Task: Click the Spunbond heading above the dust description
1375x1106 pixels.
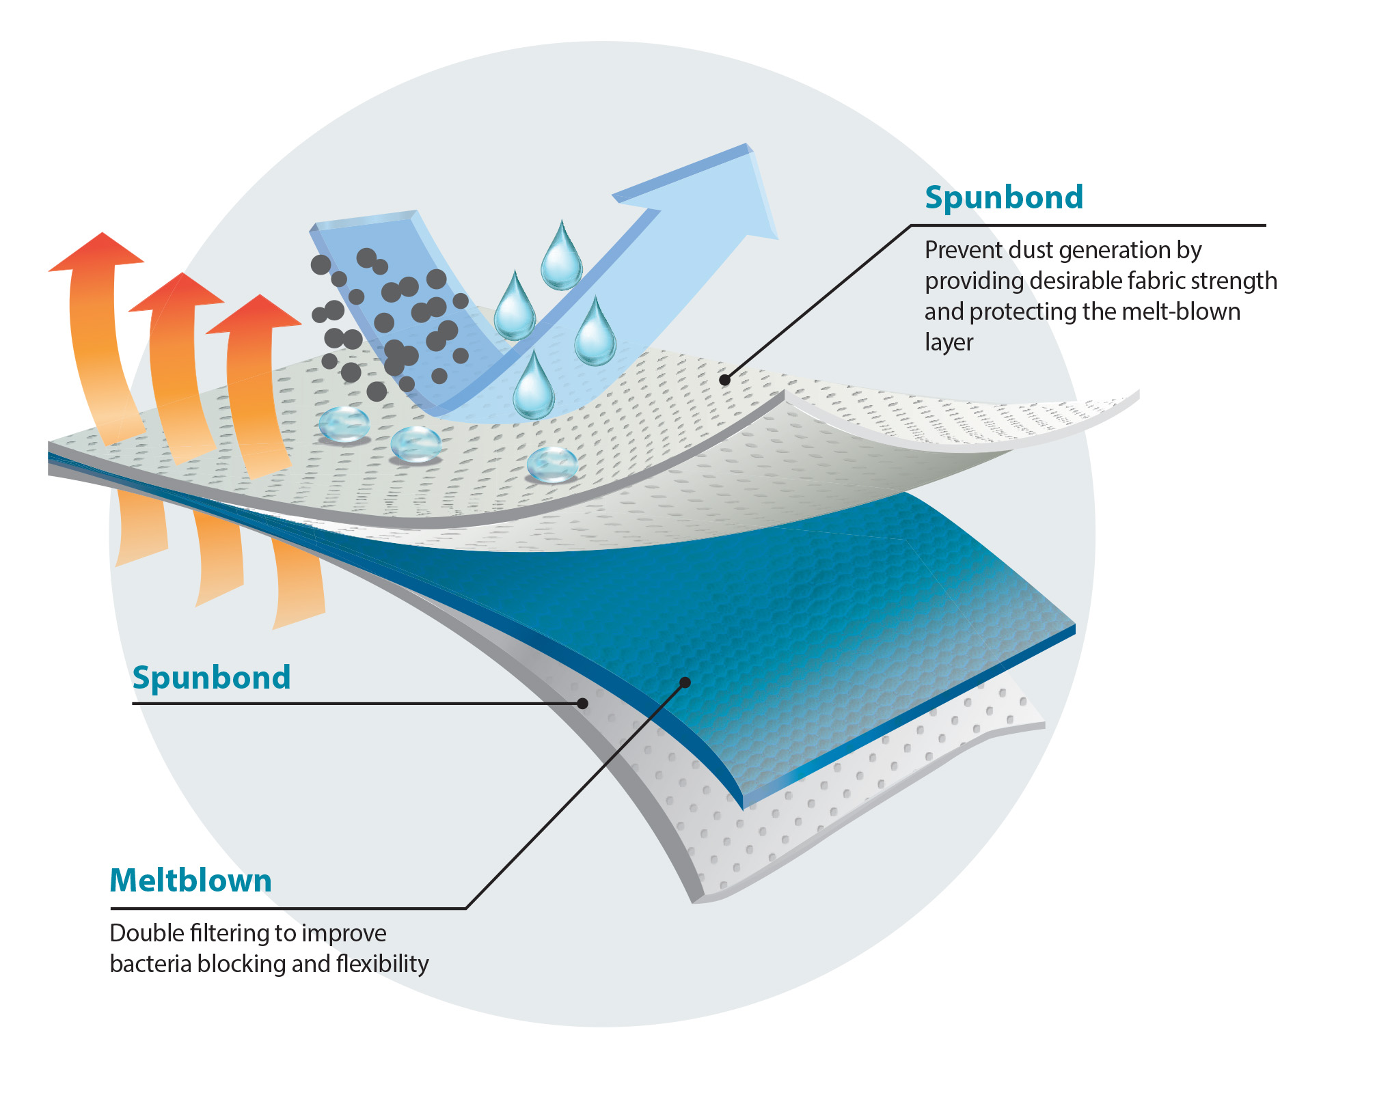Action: (1003, 197)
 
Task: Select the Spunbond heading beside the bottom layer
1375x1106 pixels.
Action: (211, 678)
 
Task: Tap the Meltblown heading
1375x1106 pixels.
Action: (191, 881)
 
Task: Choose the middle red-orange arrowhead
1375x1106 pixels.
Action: (177, 292)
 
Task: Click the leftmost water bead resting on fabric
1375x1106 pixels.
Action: (344, 424)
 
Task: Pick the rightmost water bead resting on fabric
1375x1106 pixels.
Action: (552, 465)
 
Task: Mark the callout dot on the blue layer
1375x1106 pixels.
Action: (685, 682)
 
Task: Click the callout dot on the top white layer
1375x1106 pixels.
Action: (724, 380)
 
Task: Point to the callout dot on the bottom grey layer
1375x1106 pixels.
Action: (583, 703)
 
